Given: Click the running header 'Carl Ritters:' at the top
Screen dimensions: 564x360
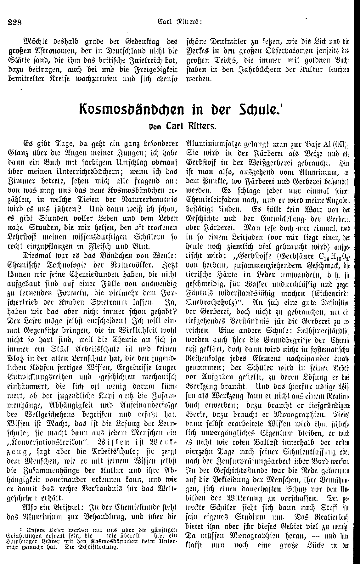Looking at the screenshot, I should pos(180,22).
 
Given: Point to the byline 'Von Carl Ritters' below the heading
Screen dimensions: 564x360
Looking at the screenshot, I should pos(180,128).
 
